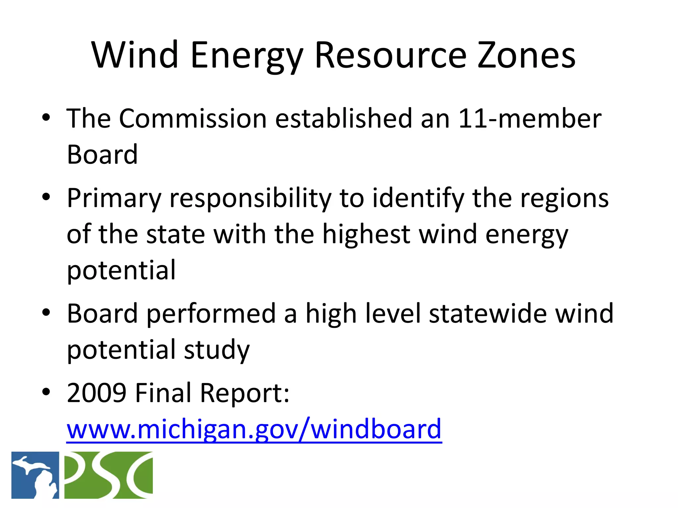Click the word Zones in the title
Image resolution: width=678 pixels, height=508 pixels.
click(x=526, y=55)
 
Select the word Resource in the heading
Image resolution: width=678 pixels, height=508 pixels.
click(x=391, y=55)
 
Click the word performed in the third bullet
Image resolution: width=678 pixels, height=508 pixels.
click(x=211, y=314)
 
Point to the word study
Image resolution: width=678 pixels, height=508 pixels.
click(x=217, y=350)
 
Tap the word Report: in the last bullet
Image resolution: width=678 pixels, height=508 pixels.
click(x=245, y=393)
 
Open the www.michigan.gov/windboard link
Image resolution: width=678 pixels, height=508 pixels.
click(x=254, y=429)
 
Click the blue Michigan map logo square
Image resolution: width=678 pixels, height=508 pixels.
click(x=35, y=475)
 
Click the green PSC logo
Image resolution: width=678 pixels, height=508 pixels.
click(x=108, y=475)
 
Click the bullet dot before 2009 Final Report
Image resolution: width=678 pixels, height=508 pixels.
click(x=46, y=392)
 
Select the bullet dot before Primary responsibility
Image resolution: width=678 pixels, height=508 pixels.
click(x=46, y=197)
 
